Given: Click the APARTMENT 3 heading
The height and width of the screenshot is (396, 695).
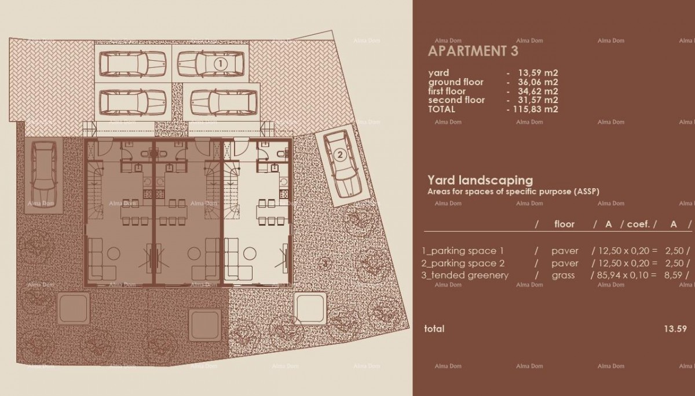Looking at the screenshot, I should pos(473,51).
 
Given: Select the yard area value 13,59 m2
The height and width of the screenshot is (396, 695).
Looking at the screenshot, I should pos(535,73).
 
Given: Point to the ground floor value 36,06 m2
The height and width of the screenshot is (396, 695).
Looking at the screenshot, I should pos(535,82).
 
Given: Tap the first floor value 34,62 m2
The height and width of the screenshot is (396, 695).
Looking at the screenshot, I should pos(535,91).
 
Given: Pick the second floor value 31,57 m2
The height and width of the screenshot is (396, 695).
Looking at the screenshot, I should pos(535,100).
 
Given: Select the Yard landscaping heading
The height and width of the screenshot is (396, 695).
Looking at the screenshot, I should pos(480,180).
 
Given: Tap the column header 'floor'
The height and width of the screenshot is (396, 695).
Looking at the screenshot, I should pos(564,224).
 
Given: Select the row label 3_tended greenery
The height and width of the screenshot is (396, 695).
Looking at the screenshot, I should pos(466,275).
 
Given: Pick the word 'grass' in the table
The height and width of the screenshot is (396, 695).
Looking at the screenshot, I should pos(563,275).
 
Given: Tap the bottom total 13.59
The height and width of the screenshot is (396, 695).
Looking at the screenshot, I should pos(675,329).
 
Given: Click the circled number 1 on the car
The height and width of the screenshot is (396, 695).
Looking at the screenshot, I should pos(220,64).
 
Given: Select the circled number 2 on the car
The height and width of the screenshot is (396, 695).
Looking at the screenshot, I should pos(340,155).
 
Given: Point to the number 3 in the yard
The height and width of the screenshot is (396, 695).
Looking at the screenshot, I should pos(325,263).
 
